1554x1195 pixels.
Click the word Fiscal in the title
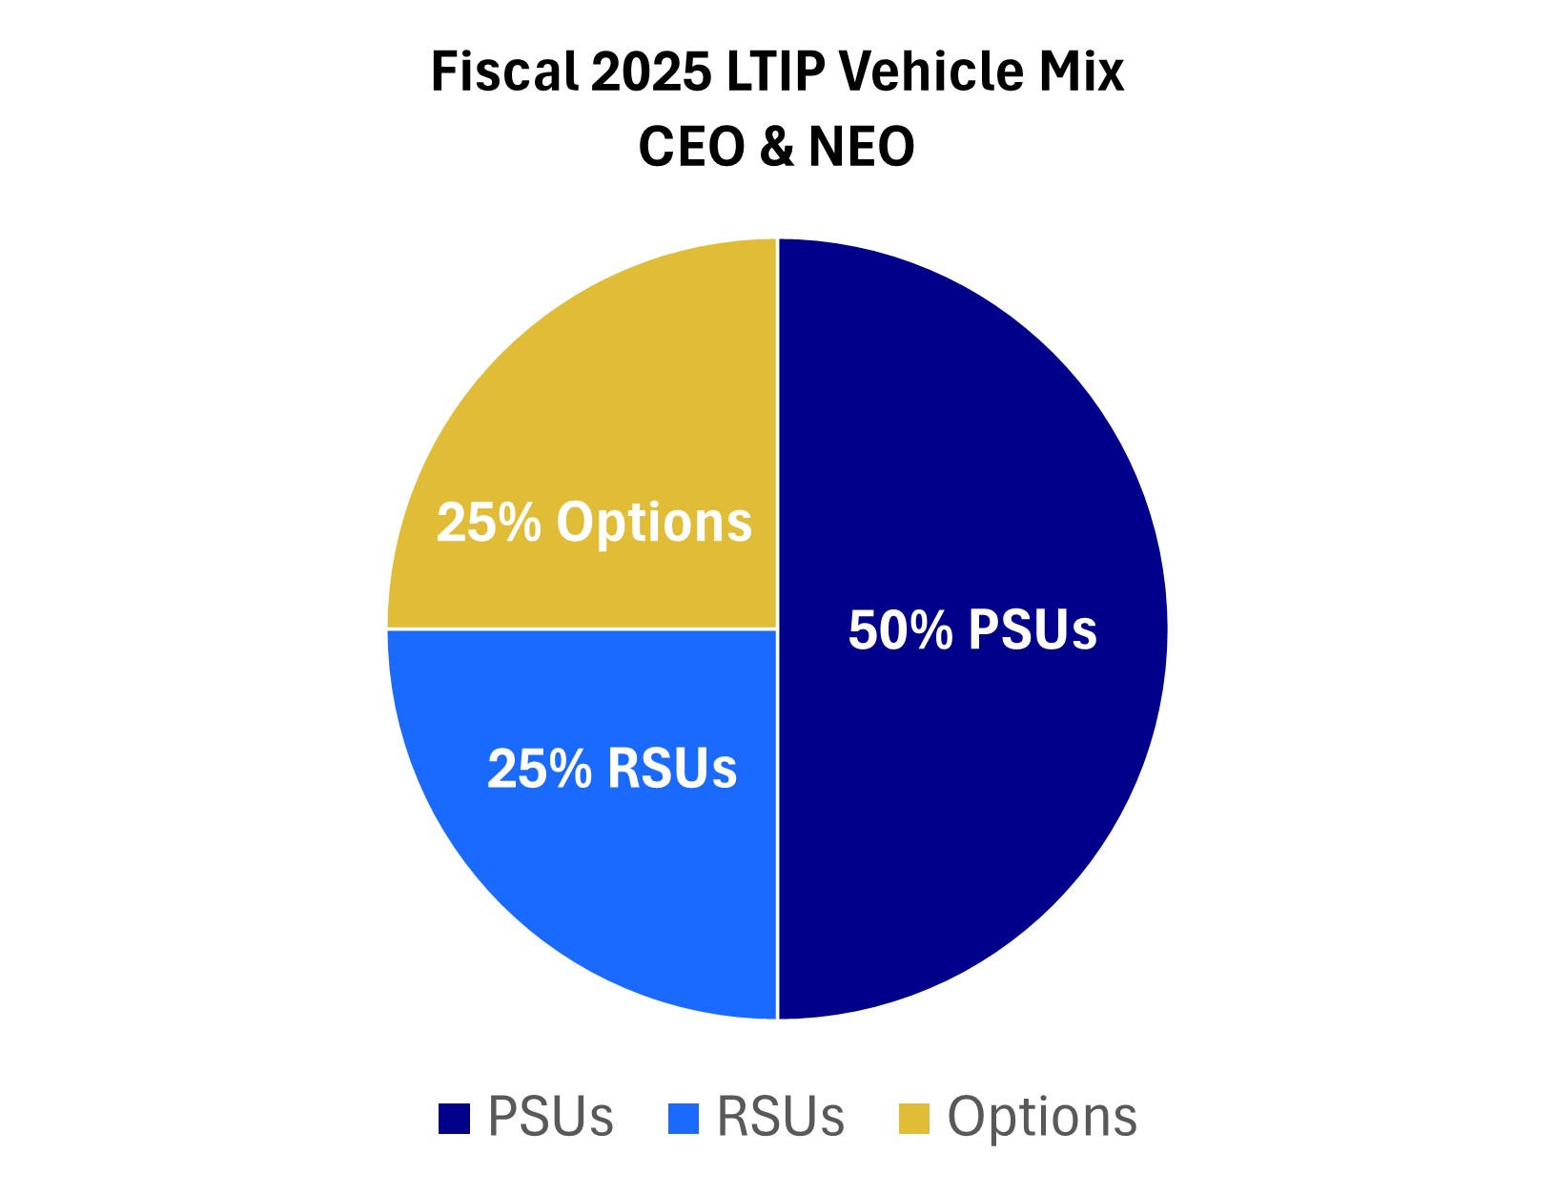point(503,72)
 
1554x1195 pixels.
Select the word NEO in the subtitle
point(862,147)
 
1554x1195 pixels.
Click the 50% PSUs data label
point(972,630)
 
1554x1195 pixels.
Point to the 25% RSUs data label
point(612,769)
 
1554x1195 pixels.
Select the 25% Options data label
point(594,523)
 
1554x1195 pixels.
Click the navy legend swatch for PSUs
point(454,1119)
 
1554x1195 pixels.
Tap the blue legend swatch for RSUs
point(684,1119)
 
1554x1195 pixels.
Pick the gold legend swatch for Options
point(914,1119)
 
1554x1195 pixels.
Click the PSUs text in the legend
point(550,1117)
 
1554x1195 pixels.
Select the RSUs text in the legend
point(781,1117)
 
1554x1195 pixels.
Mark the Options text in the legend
point(1042,1117)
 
